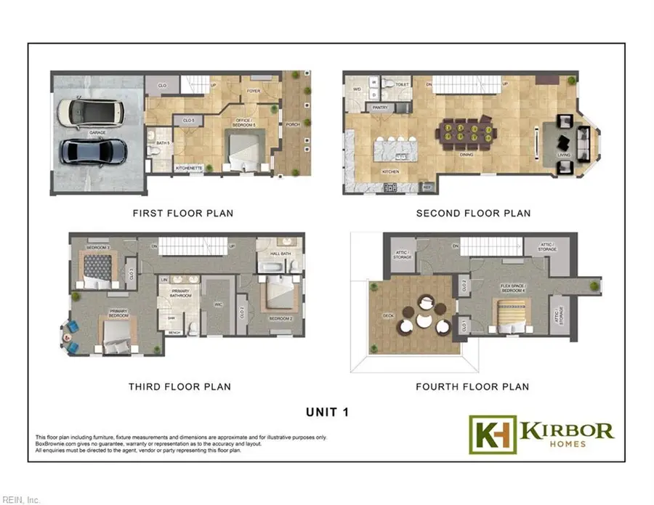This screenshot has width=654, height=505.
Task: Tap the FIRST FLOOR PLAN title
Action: (x=182, y=214)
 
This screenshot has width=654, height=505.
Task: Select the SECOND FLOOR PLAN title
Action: (x=473, y=214)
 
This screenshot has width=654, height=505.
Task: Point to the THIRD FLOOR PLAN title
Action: (x=179, y=387)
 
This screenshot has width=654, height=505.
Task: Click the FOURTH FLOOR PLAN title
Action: (x=472, y=387)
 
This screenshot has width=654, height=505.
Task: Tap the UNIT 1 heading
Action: (x=327, y=412)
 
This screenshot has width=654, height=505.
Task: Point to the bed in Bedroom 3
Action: (x=97, y=268)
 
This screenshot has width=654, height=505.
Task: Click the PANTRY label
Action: (x=380, y=108)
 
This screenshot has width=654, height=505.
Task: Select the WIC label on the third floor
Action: (x=217, y=304)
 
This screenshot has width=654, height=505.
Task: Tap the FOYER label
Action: (x=254, y=92)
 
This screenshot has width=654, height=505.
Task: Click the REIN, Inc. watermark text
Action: (x=21, y=499)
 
